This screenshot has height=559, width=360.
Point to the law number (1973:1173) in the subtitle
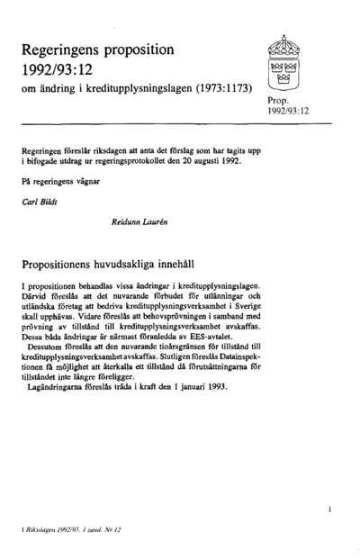coord(216,90)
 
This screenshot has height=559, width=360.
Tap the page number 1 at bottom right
coord(331,510)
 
